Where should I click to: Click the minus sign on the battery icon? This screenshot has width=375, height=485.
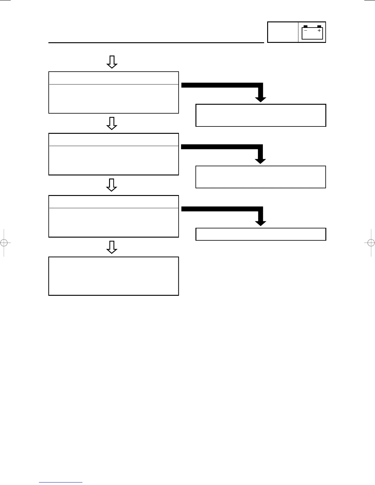(x=305, y=31)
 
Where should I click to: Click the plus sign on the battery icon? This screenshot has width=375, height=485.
(x=319, y=31)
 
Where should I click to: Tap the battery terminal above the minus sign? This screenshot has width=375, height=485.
(x=305, y=27)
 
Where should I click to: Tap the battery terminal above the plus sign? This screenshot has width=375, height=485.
(x=319, y=27)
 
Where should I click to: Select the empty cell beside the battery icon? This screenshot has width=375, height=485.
(x=283, y=32)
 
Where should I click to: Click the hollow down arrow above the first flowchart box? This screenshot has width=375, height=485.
(x=112, y=62)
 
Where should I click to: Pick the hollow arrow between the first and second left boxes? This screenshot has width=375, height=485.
(x=112, y=123)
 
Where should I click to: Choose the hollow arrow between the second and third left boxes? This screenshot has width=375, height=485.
(x=112, y=185)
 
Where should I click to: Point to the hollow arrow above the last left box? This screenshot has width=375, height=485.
(x=112, y=247)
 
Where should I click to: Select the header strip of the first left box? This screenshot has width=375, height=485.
(x=114, y=78)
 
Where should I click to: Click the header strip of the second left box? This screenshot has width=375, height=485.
(x=114, y=140)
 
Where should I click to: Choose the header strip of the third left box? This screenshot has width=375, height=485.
(x=114, y=202)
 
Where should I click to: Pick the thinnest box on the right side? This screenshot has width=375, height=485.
(x=261, y=234)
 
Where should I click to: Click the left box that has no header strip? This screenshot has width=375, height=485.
(x=114, y=276)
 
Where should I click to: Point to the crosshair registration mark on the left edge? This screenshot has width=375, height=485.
(x=4, y=242)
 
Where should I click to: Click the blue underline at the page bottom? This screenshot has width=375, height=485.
(x=61, y=482)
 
